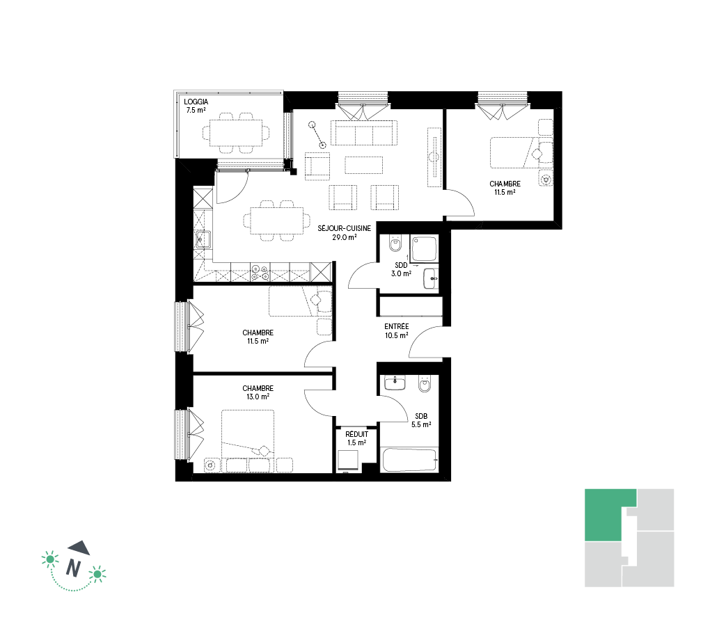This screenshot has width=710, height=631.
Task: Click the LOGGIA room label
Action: [x=196, y=102]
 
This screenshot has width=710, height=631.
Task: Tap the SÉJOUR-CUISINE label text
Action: [x=344, y=229]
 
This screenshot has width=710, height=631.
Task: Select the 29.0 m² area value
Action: [x=344, y=237]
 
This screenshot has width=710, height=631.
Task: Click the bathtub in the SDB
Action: [x=409, y=459]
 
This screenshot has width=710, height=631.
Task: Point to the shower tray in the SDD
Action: [x=425, y=248]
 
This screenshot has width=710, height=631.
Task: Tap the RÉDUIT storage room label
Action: [x=357, y=434]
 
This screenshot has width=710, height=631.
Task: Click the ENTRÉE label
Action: [x=397, y=326]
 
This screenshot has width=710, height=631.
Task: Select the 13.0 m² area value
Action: [x=258, y=397]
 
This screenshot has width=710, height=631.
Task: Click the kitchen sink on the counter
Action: [x=203, y=239]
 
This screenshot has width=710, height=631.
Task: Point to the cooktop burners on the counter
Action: [x=260, y=271]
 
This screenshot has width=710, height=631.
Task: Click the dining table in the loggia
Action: [x=235, y=133]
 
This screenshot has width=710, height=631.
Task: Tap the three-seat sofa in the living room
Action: [x=364, y=133]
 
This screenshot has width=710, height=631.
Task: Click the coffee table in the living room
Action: [x=364, y=165]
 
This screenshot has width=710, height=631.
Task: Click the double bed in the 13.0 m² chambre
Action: [x=248, y=435]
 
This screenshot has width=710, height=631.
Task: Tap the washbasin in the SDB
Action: [x=395, y=383]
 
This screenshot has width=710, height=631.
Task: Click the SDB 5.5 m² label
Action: [x=421, y=420]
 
